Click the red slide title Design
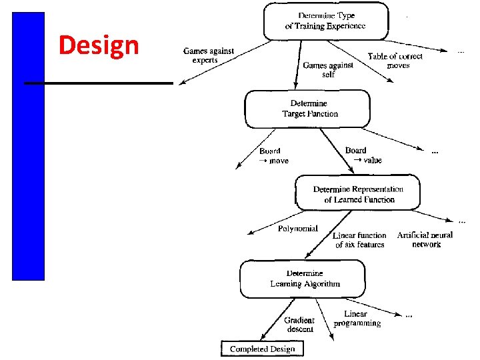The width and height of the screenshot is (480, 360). [99, 45]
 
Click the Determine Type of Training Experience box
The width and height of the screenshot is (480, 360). [325, 21]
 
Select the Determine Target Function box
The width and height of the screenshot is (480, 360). [307, 109]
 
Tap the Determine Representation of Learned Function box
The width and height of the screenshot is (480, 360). [358, 194]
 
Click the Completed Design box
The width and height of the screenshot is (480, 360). [262, 349]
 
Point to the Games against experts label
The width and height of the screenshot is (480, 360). [209, 56]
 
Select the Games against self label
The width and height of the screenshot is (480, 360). [328, 70]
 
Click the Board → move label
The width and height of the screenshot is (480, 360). [273, 156]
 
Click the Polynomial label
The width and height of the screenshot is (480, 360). [297, 229]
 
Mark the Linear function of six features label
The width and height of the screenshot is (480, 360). [359, 240]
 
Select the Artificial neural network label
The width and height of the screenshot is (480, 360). [425, 239]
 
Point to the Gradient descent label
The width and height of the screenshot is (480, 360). [299, 325]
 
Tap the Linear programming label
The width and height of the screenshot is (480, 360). [357, 319]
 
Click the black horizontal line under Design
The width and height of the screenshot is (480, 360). [99, 83]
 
